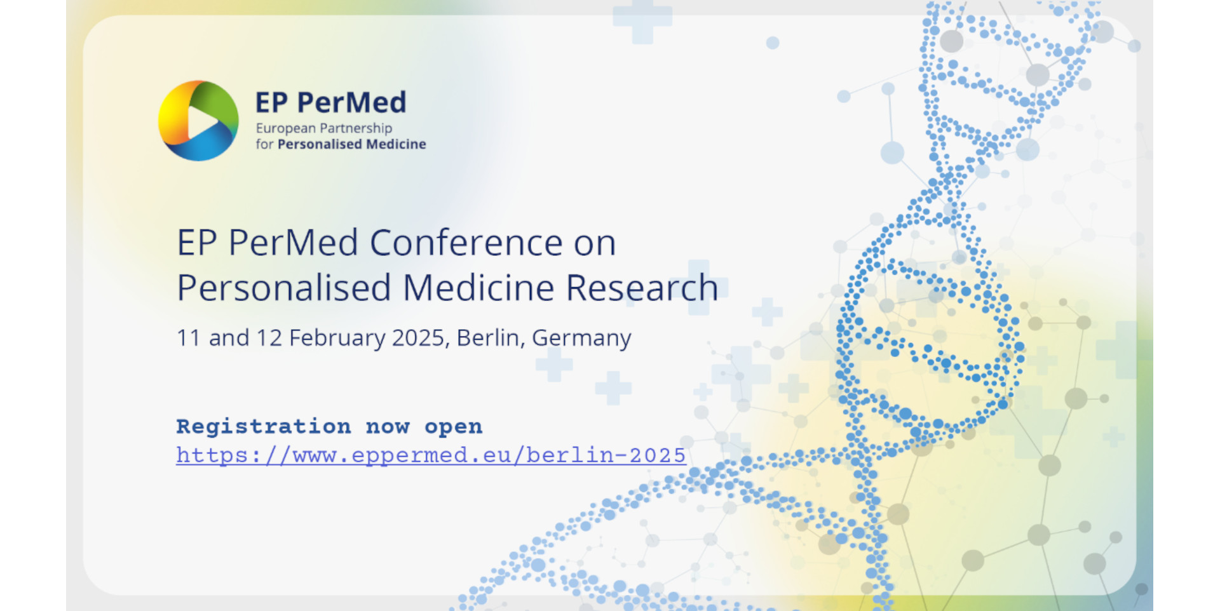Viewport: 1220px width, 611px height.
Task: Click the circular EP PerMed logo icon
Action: (x=198, y=121)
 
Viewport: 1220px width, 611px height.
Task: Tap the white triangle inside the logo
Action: (x=201, y=121)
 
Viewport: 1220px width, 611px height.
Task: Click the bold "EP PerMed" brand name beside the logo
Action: (x=330, y=102)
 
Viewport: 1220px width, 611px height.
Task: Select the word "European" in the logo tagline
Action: (x=286, y=128)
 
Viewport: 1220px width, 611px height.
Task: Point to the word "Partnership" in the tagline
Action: (x=356, y=128)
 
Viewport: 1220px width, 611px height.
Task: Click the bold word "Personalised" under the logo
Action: (x=320, y=144)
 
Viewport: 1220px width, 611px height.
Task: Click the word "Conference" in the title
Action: (x=466, y=243)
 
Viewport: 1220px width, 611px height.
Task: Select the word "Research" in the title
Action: (x=642, y=288)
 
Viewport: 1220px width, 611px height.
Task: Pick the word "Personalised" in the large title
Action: (x=284, y=288)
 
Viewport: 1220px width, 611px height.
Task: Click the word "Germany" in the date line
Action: (x=581, y=339)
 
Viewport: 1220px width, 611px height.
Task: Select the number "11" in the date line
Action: (x=189, y=338)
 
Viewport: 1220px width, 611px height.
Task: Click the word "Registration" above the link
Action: (x=264, y=426)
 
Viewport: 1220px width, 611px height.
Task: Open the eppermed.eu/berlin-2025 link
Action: (x=431, y=455)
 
